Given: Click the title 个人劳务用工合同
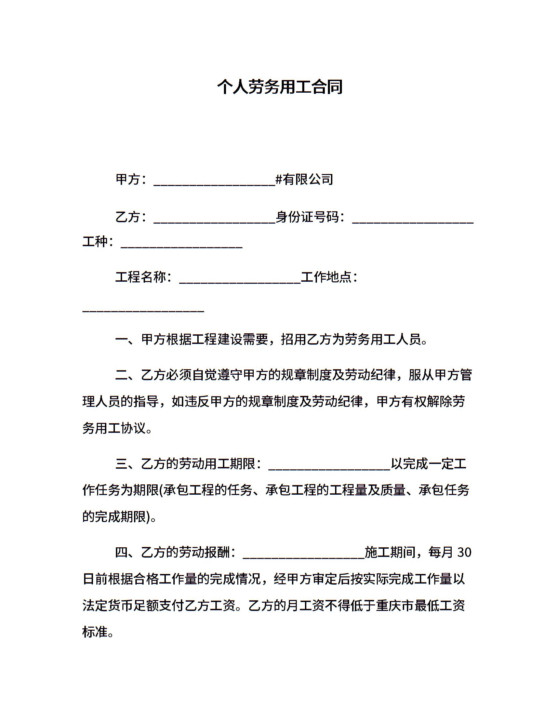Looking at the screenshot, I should [x=279, y=87].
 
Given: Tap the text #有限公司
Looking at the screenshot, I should [x=304, y=179].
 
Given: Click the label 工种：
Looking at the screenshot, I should [x=98, y=242].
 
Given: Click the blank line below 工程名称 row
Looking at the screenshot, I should [x=143, y=310].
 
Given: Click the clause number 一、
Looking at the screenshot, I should [x=128, y=339].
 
